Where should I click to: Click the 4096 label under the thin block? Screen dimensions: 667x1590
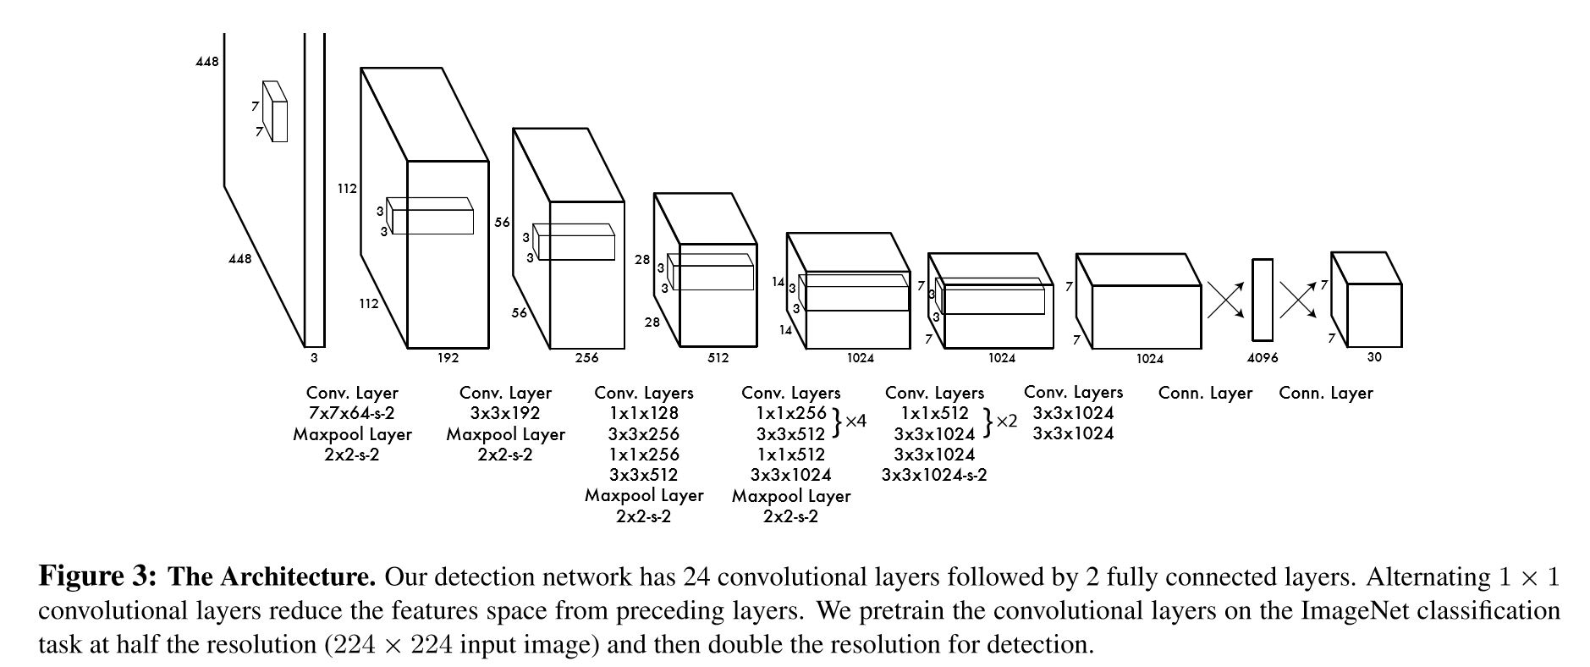click(x=1262, y=358)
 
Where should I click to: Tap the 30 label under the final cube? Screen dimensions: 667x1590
click(x=1373, y=357)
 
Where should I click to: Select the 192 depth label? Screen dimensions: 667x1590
click(x=448, y=358)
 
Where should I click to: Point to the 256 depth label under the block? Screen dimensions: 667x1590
click(x=586, y=358)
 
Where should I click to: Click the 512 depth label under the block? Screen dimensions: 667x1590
click(x=718, y=358)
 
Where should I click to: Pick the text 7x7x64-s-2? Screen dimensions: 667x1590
click(x=352, y=414)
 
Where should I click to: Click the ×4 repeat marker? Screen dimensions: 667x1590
click(x=856, y=420)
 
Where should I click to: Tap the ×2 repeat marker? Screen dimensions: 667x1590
click(x=1006, y=420)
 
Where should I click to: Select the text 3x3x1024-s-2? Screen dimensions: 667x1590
click(x=933, y=475)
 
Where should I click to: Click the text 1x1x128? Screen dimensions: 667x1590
click(x=643, y=414)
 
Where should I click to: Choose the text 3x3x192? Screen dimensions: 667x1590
click(x=505, y=414)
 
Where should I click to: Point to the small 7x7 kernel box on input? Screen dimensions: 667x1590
click(x=276, y=112)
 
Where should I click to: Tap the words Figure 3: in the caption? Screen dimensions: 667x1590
click(x=97, y=577)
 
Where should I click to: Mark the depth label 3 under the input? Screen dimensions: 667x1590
click(x=314, y=358)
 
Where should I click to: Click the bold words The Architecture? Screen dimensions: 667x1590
click(x=272, y=577)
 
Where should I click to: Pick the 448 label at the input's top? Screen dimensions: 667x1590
click(x=206, y=62)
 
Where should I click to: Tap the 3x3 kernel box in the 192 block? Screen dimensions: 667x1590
click(x=432, y=217)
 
